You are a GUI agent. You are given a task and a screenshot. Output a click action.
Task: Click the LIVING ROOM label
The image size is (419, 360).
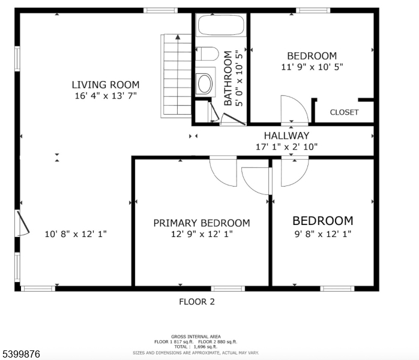[106, 85]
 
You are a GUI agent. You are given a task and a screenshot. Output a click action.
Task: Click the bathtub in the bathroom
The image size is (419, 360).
[220, 26]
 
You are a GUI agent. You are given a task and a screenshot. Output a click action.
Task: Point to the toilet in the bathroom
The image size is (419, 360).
[208, 54]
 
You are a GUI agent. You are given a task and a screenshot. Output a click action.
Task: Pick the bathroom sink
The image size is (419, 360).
[205, 82]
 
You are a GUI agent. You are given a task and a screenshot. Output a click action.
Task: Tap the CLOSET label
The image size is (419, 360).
[344, 112]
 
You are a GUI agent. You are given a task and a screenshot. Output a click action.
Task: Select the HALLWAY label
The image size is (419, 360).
[286, 136]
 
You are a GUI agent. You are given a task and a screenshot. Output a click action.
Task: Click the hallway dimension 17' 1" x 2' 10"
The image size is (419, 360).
[286, 146]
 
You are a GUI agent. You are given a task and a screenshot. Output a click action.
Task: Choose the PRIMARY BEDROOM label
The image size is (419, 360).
[202, 223]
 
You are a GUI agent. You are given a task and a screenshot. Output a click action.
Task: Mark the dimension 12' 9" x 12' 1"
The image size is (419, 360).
[202, 234]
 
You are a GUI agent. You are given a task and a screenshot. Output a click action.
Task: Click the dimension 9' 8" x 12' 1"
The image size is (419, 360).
[322, 234]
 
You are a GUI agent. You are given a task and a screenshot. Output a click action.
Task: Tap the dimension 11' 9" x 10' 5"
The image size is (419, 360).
[312, 67]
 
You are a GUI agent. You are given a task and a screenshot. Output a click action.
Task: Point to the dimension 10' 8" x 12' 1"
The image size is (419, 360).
[76, 234]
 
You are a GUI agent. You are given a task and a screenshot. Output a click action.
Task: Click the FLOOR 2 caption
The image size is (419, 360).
[196, 302]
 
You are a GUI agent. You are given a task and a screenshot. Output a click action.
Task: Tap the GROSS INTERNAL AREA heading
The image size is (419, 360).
[196, 337]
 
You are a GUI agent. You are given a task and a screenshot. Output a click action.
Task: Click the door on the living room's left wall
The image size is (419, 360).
[22, 223]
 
